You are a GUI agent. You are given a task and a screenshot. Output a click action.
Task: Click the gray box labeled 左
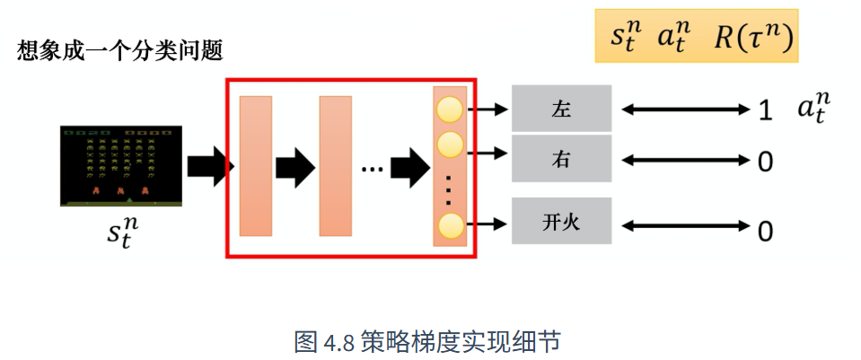pos(561,108)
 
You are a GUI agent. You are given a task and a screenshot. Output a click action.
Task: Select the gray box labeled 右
pos(561,159)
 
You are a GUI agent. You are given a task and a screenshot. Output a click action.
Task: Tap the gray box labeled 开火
pos(561,221)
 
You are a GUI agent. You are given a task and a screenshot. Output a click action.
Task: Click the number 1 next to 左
pos(765,111)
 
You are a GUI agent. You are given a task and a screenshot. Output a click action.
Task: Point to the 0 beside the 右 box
pos(765,162)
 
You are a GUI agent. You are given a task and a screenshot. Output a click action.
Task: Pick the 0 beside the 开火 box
pos(765,232)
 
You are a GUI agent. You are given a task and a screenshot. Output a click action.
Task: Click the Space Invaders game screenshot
pos(121,166)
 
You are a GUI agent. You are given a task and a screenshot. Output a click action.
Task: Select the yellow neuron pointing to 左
pos(450,110)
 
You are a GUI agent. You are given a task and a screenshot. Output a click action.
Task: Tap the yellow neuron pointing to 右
pos(450,145)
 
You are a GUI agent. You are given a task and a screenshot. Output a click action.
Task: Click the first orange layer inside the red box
pos(256,166)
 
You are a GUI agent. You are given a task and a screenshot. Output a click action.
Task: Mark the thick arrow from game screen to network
pos(211,166)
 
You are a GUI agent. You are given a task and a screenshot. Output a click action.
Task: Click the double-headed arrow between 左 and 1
pos(686,110)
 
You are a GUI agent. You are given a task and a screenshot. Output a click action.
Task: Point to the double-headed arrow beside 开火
pos(686,225)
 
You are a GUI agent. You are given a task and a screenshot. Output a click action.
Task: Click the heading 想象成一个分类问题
pos(120,51)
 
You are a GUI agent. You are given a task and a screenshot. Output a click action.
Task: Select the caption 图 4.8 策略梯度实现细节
pos(427,341)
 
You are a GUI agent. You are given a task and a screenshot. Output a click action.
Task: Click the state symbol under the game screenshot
pos(122,233)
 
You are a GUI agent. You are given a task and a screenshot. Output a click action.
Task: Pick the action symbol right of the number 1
pos(813,108)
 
